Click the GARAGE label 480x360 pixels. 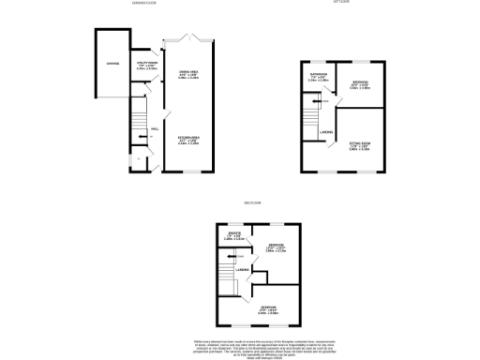click(x=112, y=64)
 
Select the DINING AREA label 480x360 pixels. click(x=188, y=75)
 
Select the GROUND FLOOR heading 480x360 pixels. click(x=144, y=5)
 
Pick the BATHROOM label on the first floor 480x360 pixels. click(x=319, y=78)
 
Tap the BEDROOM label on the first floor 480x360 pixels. click(x=361, y=82)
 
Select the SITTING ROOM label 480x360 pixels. click(x=361, y=144)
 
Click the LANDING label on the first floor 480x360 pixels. click(x=326, y=132)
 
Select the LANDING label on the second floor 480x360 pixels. click(x=242, y=270)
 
